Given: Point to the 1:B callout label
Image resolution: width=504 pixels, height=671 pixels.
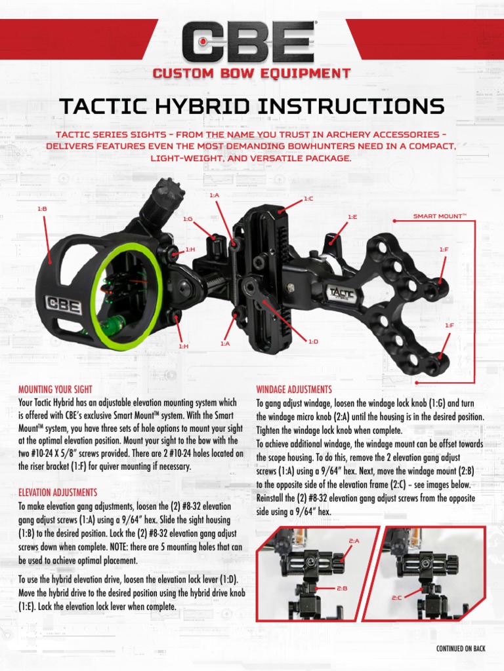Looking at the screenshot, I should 42,208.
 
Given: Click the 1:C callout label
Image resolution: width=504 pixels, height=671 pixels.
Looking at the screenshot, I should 308,199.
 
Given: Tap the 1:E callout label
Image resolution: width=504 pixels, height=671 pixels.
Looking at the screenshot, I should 352,216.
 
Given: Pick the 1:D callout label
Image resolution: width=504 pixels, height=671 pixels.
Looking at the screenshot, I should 313,341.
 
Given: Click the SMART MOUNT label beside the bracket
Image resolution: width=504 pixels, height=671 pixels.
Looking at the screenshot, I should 439,216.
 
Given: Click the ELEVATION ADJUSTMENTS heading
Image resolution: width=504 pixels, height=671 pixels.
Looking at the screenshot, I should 58,492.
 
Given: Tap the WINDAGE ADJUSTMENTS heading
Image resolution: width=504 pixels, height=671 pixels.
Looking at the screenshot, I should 294,389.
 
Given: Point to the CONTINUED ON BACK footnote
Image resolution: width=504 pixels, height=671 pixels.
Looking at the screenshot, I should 461,648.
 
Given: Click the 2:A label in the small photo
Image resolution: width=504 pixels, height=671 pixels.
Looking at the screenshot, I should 354,541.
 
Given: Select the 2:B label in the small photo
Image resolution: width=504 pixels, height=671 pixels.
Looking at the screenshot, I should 342,588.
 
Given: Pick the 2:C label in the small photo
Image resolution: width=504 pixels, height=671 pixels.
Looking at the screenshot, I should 397,598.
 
